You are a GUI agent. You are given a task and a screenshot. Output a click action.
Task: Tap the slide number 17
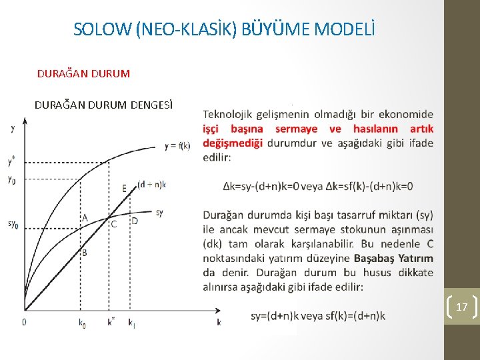(x=461, y=307)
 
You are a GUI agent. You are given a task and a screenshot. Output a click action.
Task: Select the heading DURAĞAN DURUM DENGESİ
(x=103, y=105)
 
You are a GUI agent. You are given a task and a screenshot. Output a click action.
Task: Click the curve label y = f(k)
(x=177, y=145)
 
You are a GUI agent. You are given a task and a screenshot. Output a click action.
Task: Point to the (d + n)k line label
(x=151, y=184)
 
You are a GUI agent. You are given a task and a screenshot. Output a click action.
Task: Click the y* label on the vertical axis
(x=11, y=161)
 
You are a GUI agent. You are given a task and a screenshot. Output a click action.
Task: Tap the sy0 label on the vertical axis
(x=13, y=223)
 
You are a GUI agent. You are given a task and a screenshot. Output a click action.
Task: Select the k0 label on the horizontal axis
(x=81, y=323)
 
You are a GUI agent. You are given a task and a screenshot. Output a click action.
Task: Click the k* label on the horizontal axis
(x=111, y=322)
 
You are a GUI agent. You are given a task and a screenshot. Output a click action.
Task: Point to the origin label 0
(x=24, y=322)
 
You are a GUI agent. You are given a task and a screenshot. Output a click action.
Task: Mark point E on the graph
(x=125, y=189)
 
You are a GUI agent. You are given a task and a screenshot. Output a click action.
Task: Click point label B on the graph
(x=84, y=253)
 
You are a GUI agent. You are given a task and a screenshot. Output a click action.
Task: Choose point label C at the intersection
(x=114, y=224)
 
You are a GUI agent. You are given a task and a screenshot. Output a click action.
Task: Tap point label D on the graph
(x=135, y=221)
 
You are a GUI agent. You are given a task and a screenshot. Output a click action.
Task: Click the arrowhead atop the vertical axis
(x=25, y=122)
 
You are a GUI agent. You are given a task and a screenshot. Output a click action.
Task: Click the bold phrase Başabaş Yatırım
(x=393, y=258)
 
